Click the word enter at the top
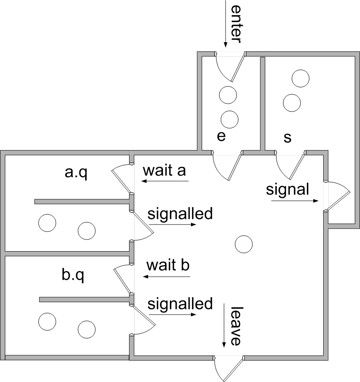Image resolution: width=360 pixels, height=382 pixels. pos(236,23)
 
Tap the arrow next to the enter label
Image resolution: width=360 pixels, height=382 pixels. pos(225,23)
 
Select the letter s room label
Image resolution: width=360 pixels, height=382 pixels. pos(287,138)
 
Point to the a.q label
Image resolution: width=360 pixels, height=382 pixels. pos(76,173)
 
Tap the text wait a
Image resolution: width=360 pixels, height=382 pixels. pos(164,171)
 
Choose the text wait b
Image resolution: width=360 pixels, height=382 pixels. pos(168,265)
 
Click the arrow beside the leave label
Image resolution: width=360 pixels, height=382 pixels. pos(225,326)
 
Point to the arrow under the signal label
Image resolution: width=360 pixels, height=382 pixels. pos(295,201)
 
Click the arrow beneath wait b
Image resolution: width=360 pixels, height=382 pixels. pos(166,276)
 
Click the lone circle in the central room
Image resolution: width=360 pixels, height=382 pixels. pos(244,244)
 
